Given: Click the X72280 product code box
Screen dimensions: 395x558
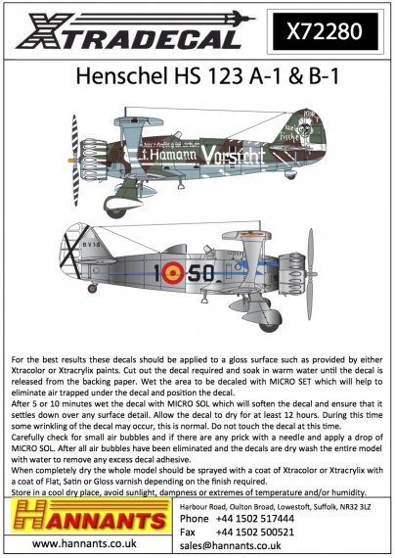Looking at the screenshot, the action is [x=334, y=32].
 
